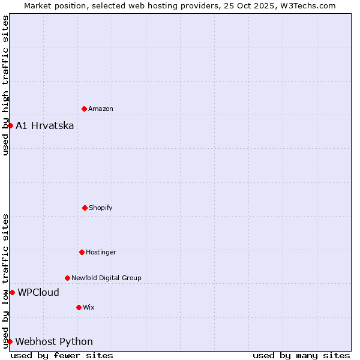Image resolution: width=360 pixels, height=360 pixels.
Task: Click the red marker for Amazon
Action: click(84, 109)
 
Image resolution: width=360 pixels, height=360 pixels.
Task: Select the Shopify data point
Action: click(85, 208)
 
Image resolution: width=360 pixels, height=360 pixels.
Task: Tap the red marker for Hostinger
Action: click(82, 252)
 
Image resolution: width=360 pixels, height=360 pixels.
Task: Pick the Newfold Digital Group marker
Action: click(67, 278)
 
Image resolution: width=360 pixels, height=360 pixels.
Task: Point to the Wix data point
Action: click(79, 307)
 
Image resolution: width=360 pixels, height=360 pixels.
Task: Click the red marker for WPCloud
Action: click(12, 292)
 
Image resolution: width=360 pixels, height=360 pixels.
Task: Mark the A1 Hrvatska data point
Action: click(10, 125)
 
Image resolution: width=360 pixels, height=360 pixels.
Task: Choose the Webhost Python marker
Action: click(10, 341)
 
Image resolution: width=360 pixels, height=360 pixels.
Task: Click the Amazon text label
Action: click(101, 109)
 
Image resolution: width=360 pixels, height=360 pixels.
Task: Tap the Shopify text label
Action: click(101, 208)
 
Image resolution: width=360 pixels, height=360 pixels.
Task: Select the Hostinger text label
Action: click(101, 252)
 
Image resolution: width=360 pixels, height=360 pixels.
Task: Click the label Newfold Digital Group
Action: click(106, 278)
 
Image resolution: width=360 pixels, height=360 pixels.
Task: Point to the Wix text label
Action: click(89, 307)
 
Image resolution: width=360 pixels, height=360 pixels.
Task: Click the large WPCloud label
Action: click(38, 292)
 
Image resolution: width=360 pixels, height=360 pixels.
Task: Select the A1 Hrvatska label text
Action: click(45, 125)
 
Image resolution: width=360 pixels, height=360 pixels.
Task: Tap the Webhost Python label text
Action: click(54, 341)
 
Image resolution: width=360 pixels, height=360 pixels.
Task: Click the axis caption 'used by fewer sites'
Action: click(62, 355)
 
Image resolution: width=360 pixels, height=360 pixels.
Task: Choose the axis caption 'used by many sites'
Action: click(301, 355)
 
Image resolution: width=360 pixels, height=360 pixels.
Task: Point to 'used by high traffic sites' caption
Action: click(5, 85)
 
